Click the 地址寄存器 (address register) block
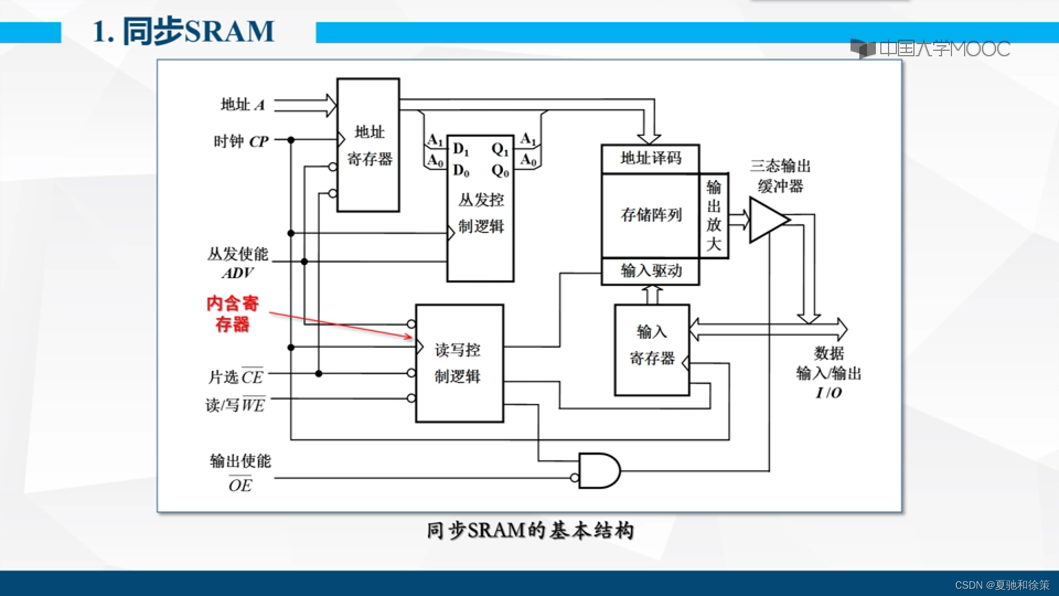(368, 145)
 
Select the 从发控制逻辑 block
(480, 212)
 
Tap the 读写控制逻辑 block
(459, 363)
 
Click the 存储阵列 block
(650, 215)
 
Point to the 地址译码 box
(650, 159)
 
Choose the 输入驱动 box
(650, 271)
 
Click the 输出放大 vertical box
(714, 216)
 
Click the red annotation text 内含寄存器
(232, 313)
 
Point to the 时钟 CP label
(241, 141)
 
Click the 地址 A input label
(243, 104)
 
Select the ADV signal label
(238, 273)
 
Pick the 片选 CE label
(236, 377)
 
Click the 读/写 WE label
(236, 405)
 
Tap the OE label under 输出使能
(240, 485)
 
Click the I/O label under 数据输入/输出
(828, 392)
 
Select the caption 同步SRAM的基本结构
(530, 530)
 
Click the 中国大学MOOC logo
(930, 49)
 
